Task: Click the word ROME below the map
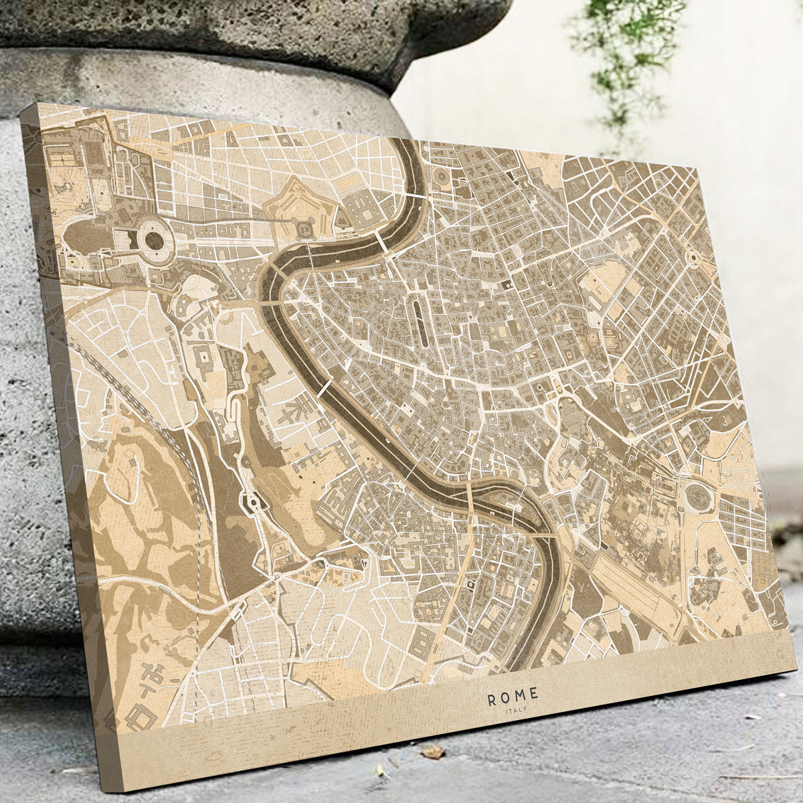tap(513, 699)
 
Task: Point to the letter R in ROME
tap(493, 700)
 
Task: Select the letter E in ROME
tap(533, 696)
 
